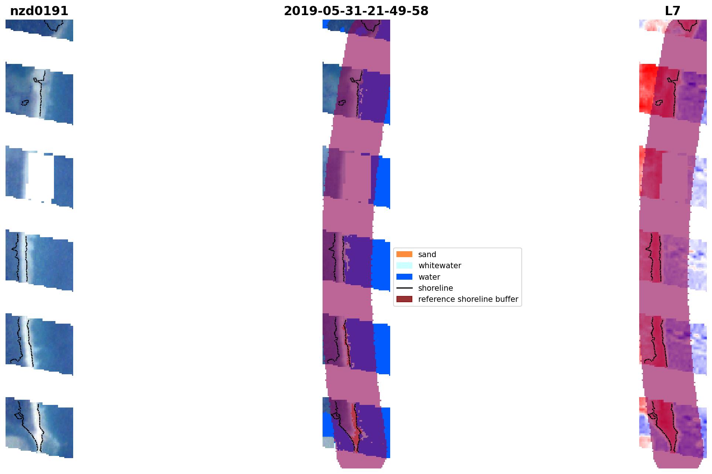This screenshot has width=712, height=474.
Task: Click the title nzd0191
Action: [x=39, y=11]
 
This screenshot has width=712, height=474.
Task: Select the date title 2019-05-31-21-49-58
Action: [x=356, y=11]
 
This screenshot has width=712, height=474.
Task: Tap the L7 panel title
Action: [x=672, y=11]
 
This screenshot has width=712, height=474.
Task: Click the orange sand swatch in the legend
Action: [x=404, y=254]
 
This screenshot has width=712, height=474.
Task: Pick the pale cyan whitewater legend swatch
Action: [x=404, y=265]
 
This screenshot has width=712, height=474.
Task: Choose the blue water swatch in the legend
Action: [x=404, y=277]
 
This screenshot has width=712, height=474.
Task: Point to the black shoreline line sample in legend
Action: [x=404, y=288]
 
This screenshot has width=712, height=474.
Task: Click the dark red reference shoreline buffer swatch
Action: [x=404, y=299]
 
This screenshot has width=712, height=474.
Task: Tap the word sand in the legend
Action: [x=427, y=255]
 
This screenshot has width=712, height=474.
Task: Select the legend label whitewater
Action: [x=440, y=266]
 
